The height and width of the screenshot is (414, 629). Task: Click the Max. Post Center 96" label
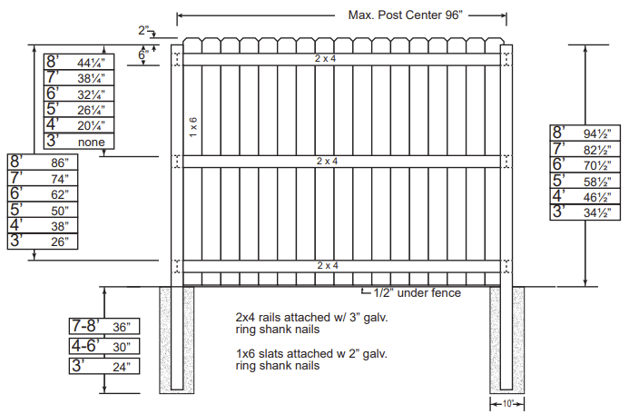click(405, 15)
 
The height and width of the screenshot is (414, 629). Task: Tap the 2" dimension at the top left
click(143, 30)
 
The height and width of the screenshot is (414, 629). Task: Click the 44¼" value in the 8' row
click(91, 63)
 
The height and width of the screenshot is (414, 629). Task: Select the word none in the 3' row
click(92, 142)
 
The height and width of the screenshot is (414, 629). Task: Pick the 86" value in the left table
click(60, 163)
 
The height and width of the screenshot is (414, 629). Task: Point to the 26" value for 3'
click(60, 241)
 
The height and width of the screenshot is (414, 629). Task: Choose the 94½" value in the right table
click(597, 133)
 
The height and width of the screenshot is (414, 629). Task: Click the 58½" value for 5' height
click(597, 182)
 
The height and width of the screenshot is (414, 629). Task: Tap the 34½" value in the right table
click(597, 212)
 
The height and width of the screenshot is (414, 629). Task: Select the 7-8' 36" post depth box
click(104, 326)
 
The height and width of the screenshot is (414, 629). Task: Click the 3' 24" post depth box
click(104, 366)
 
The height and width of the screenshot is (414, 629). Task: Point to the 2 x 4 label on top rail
click(325, 59)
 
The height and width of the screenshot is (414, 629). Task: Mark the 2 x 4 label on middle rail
click(327, 162)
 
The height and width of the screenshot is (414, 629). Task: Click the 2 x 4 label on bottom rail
click(328, 266)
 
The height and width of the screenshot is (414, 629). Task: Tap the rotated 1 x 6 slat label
click(193, 127)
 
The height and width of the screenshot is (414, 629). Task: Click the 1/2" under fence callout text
click(418, 293)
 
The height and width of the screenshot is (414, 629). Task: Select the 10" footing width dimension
click(508, 404)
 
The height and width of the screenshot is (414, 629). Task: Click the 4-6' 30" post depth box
click(104, 346)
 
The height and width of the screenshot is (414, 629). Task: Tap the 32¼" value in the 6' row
click(91, 94)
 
